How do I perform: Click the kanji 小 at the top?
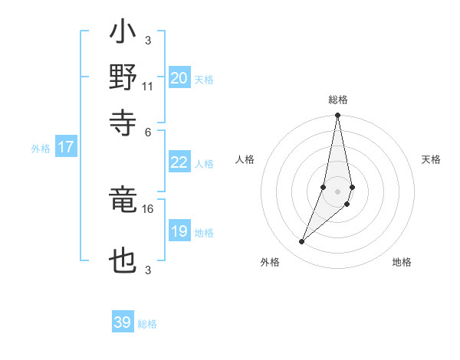(123, 34)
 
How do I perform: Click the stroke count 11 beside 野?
(148, 86)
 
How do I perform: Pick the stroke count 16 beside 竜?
(148, 208)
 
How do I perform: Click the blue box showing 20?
(179, 78)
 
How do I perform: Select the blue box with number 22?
(179, 162)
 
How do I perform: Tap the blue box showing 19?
(179, 231)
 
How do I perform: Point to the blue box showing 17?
(66, 147)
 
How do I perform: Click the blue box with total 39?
(123, 322)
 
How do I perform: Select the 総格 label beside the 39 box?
(147, 324)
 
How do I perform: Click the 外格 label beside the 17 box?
(41, 149)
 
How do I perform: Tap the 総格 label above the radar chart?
(337, 100)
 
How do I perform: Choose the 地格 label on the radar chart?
(402, 263)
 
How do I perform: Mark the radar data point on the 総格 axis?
(337, 116)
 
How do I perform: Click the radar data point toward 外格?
(302, 242)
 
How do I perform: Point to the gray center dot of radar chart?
(337, 191)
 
